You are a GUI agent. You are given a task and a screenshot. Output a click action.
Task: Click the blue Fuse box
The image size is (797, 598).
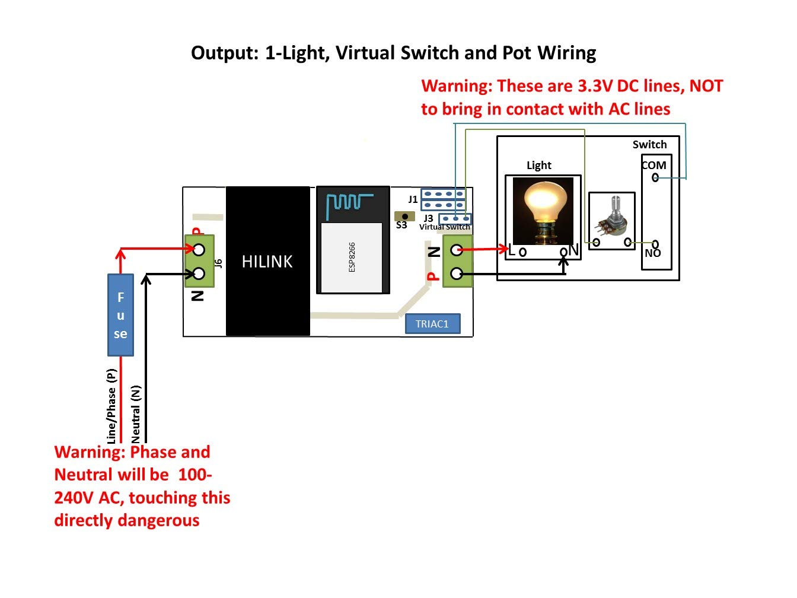120,314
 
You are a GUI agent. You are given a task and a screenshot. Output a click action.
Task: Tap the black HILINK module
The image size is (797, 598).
267,262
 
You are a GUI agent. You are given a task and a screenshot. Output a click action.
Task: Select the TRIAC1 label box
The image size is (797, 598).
432,324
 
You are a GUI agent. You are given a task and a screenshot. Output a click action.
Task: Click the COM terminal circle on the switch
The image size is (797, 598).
655,177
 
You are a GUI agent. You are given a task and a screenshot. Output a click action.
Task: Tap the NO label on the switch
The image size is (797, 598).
653,253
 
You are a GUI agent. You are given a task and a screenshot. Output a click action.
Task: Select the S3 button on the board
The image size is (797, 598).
405,217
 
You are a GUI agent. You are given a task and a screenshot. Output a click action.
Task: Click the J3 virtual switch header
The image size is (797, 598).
455,219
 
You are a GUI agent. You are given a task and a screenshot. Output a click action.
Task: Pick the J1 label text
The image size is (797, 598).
413,199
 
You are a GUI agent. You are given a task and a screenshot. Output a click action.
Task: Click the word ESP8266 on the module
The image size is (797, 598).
352,257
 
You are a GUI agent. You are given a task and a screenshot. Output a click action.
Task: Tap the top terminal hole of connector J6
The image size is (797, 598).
199,249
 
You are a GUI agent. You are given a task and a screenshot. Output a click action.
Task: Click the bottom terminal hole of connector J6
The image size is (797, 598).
199,273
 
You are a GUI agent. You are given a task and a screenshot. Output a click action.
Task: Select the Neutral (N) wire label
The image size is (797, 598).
136,414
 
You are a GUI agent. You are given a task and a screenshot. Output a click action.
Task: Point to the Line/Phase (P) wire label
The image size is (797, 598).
111,406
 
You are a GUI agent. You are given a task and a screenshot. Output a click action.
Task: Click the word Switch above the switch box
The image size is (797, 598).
649,145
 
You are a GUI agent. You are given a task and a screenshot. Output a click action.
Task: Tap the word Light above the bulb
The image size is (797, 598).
539,166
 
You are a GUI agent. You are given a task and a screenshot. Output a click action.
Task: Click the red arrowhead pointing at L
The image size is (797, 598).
503,249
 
